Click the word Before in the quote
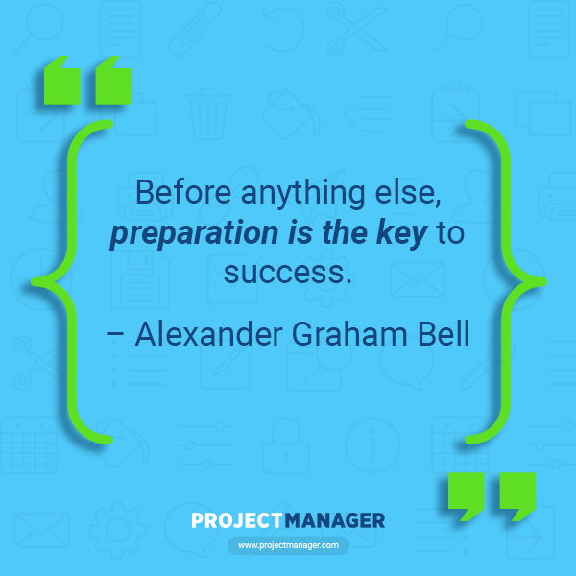183,192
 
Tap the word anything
303,194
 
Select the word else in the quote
408,193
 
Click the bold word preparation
194,233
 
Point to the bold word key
401,233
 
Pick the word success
288,273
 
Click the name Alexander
209,334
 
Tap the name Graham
349,334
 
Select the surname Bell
444,333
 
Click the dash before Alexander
115,335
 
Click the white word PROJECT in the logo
237,520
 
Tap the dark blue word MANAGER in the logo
335,520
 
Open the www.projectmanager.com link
288,545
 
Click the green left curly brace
72,281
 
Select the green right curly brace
506,281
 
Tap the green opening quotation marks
87,80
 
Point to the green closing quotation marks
492,496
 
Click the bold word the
345,233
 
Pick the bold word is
300,233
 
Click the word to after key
450,233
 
